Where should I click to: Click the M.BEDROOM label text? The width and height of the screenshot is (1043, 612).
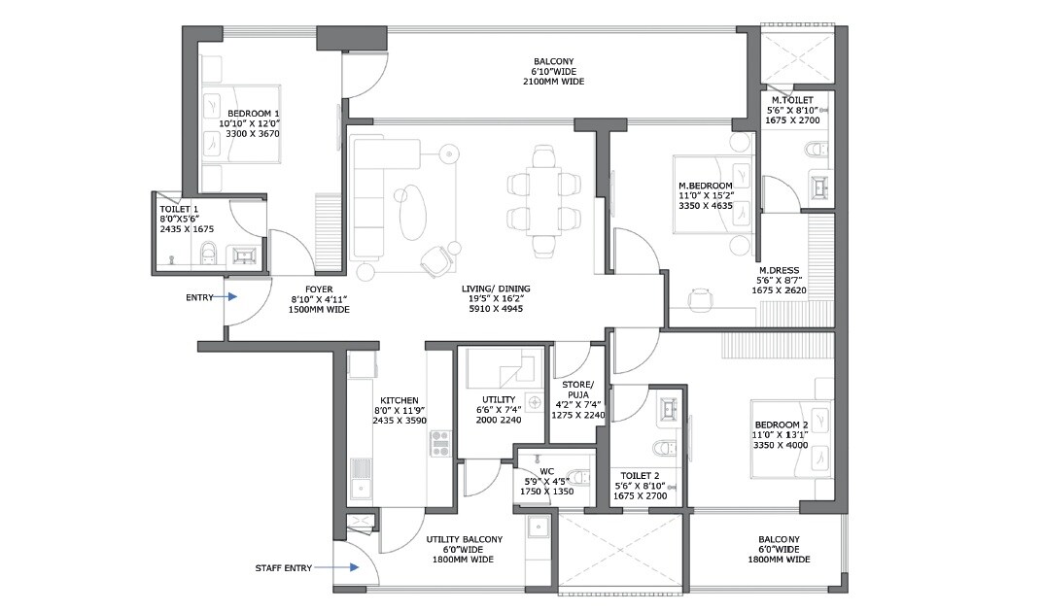pos(706,186)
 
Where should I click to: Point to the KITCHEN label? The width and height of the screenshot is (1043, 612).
pos(399,400)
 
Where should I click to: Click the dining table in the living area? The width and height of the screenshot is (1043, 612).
pos(543,199)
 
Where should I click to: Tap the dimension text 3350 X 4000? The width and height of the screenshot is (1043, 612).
pos(782,446)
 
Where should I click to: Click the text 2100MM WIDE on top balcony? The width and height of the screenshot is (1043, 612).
pos(553,83)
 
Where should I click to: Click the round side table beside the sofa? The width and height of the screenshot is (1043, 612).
pos(448,153)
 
